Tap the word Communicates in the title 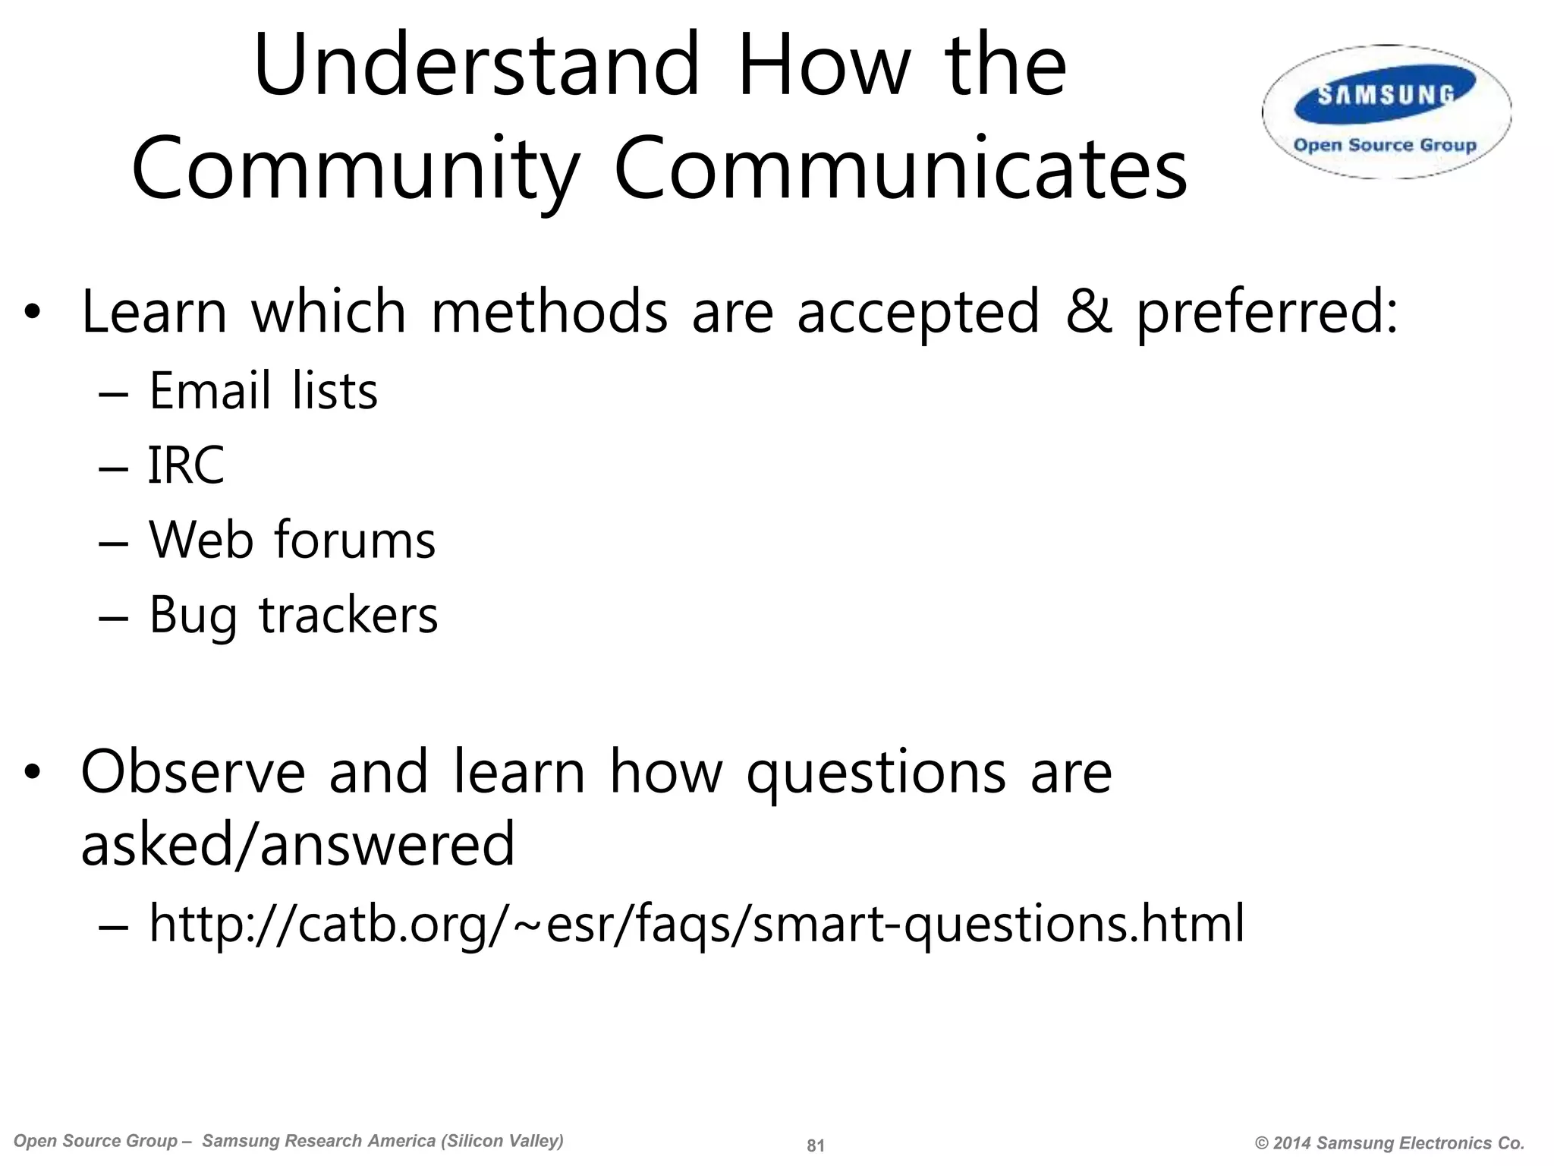[900, 169]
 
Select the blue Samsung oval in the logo [1386, 95]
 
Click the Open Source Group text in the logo [1385, 145]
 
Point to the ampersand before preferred [1088, 312]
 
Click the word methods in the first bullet [549, 312]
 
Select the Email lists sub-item [263, 391]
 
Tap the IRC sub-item [186, 465]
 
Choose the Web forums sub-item [292, 540]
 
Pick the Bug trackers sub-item [293, 614]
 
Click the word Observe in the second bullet [193, 772]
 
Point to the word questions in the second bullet [876, 774]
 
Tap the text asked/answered [297, 844]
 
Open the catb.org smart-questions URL [696, 924]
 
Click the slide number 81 [815, 1146]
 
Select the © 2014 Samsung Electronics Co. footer [1389, 1143]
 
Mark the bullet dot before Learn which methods [31, 313]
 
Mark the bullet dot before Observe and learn [31, 774]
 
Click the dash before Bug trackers [113, 616]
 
